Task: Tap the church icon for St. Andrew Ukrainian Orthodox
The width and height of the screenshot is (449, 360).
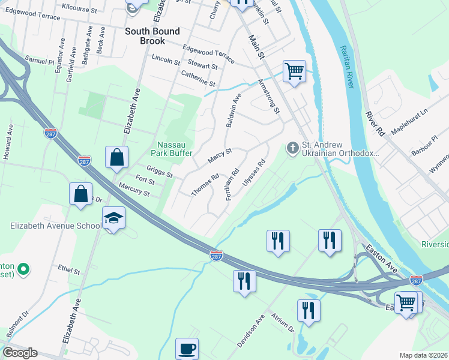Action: click(292, 148)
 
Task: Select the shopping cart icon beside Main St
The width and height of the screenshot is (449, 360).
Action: click(294, 71)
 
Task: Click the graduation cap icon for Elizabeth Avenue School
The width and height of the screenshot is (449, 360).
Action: click(113, 218)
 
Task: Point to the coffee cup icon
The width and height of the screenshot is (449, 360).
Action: click(187, 349)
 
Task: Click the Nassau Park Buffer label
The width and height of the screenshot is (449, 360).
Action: click(175, 149)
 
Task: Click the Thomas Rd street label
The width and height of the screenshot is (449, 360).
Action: click(205, 185)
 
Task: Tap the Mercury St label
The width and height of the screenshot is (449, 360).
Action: click(134, 191)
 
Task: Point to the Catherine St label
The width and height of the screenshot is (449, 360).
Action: click(197, 78)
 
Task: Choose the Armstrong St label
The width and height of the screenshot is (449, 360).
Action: click(268, 96)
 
